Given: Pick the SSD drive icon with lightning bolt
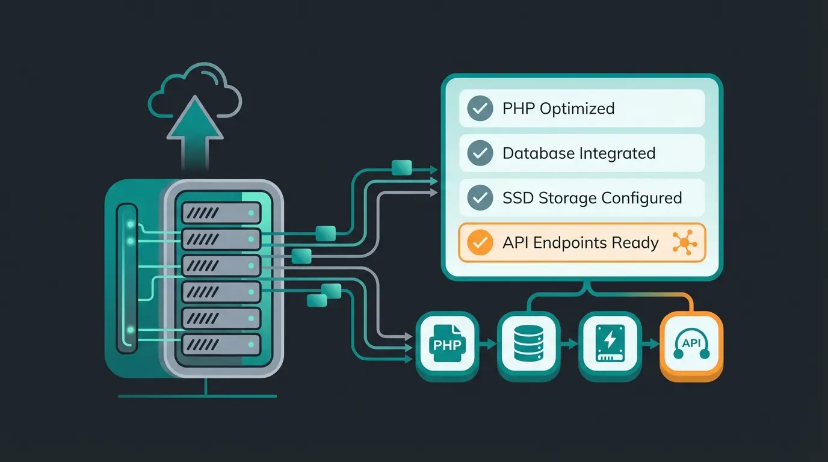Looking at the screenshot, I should [x=610, y=344].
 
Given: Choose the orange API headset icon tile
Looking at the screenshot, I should [x=691, y=345].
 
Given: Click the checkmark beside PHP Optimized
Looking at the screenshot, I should [x=480, y=109].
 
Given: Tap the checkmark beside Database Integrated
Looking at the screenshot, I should [x=480, y=153].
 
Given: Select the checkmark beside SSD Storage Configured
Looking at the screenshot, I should [x=480, y=198].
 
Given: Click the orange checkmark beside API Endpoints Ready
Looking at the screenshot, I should [x=480, y=243].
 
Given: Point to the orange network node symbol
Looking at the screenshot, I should [x=685, y=243].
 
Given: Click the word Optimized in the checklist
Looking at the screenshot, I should [x=577, y=109].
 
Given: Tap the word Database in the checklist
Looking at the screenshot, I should [x=539, y=153].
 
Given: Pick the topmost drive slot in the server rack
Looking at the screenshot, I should [x=221, y=213].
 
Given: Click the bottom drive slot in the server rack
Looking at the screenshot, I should [x=221, y=344].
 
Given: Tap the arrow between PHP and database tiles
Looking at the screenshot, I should [x=487, y=344].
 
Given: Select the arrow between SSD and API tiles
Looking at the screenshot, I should [x=650, y=344].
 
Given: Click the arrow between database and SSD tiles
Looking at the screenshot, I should [x=569, y=344].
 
